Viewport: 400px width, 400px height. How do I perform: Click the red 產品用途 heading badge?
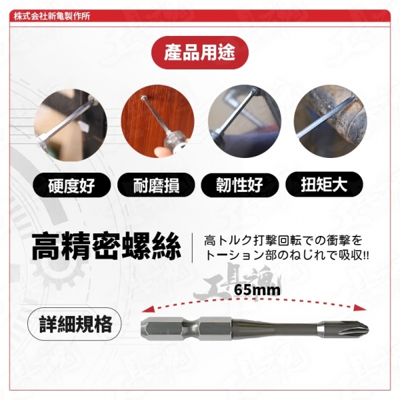(200, 53)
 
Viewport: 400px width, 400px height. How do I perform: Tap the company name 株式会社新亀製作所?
(52, 16)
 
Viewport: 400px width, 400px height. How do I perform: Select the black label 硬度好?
(72, 185)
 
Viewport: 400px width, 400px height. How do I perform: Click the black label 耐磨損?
(156, 185)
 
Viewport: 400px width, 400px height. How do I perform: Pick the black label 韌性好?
(240, 185)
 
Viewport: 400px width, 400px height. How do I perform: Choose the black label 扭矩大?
(324, 184)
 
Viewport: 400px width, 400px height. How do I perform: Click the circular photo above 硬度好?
(71, 125)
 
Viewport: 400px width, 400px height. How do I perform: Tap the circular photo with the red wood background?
(157, 121)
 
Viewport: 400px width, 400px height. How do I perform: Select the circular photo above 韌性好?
(245, 121)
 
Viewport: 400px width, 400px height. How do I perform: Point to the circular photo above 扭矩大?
(331, 121)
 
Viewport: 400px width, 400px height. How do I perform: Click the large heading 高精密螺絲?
(107, 246)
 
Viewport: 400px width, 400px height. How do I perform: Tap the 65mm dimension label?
(257, 290)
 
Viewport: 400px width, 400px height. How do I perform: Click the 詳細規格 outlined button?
(75, 324)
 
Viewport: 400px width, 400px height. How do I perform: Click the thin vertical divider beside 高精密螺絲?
(193, 248)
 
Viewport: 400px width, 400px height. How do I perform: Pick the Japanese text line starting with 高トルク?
(283, 240)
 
